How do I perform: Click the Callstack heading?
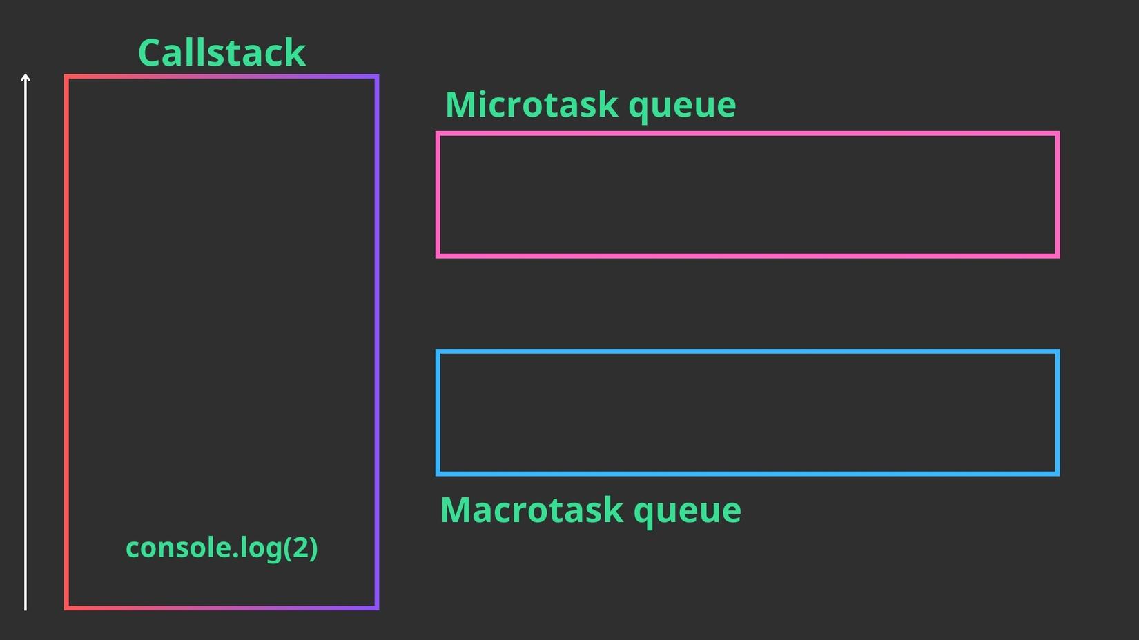[x=222, y=53]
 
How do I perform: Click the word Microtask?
[x=531, y=105]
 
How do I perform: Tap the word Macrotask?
[x=532, y=510]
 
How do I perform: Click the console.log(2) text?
[x=222, y=548]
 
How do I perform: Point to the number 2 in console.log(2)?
[x=300, y=548]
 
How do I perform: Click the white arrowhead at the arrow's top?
[x=26, y=77]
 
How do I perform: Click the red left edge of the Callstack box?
[x=66, y=345]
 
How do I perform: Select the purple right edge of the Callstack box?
[x=377, y=345]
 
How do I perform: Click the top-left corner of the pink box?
[x=438, y=133]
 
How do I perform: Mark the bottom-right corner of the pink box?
[x=1058, y=256]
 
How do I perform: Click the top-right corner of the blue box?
[x=1058, y=352]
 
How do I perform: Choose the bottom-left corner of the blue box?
[x=438, y=474]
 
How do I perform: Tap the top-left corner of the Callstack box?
[x=66, y=77]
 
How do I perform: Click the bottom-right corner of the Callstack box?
[x=377, y=608]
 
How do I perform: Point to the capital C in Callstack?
[x=151, y=53]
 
